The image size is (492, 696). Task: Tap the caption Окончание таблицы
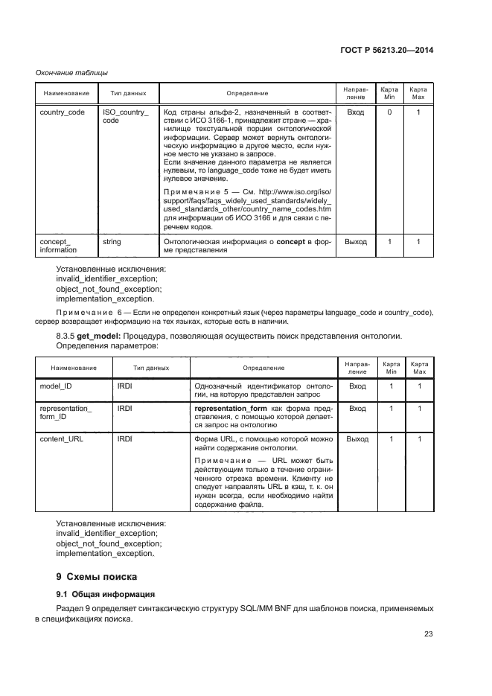pos(71,72)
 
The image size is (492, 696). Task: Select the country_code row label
pos(62,112)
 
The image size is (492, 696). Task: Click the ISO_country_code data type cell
pos(125,116)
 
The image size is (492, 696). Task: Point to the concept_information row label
pos(57,246)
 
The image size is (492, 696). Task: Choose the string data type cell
pos(112,242)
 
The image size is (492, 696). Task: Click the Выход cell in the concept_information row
pos(356,242)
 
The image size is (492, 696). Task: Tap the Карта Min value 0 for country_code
pos(389,112)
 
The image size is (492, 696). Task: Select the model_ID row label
pos(55,386)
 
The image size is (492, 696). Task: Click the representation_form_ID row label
pos(66,413)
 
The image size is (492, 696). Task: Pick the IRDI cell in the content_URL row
pos(124,439)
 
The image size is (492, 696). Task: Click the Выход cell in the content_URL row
pos(357,439)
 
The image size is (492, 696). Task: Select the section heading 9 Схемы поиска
pos(98,577)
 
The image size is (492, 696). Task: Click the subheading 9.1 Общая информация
pos(105,594)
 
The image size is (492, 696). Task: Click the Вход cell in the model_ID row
pos(357,386)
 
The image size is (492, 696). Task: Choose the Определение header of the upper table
pos(247,93)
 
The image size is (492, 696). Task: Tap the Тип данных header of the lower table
pos(151,368)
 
